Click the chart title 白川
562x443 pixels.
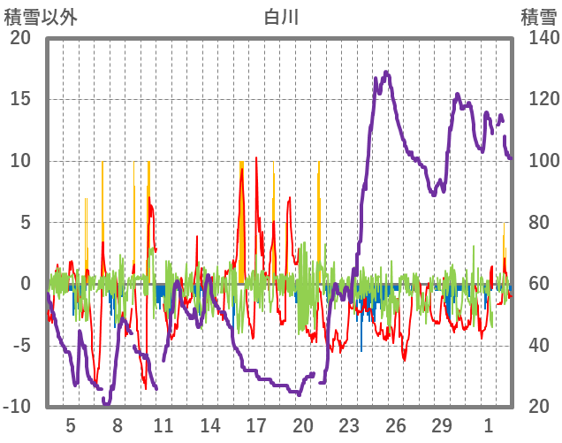pos(281,16)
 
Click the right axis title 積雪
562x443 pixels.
pos(538,16)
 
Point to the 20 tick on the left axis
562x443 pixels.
pos(19,38)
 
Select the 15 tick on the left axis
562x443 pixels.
pos(19,99)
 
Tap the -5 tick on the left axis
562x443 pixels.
pos(19,345)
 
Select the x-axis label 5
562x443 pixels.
pos(71,425)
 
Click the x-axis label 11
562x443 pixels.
pos(163,425)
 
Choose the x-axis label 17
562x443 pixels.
pos(255,425)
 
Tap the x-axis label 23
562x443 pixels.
pos(348,425)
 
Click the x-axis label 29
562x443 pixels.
pos(441,425)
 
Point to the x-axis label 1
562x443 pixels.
pos(488,425)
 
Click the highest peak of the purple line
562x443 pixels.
pos(386,73)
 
